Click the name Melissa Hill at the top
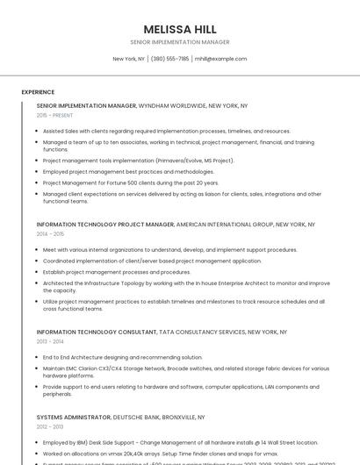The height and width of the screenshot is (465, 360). pyautogui.click(x=179, y=29)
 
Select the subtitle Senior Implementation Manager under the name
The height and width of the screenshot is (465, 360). pyautogui.click(x=179, y=42)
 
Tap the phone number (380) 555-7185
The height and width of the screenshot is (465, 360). pyautogui.click(x=169, y=59)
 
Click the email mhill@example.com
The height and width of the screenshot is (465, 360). pyautogui.click(x=220, y=59)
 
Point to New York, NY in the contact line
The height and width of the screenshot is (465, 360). pyautogui.click(x=129, y=59)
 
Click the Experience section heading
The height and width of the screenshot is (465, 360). pyautogui.click(x=38, y=91)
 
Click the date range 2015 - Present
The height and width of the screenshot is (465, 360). pyautogui.click(x=54, y=115)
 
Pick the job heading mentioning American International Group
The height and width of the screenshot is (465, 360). pyautogui.click(x=176, y=224)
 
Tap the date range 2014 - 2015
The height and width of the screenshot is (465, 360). pyautogui.click(x=50, y=233)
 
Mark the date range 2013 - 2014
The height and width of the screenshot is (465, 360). pyautogui.click(x=50, y=342)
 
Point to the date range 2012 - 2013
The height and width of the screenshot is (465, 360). pyautogui.click(x=50, y=427)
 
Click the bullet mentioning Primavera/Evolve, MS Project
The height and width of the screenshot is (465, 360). pyautogui.click(x=138, y=161)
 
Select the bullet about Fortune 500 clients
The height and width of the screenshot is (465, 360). pyautogui.click(x=131, y=182)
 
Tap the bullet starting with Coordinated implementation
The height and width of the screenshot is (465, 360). pyautogui.click(x=152, y=261)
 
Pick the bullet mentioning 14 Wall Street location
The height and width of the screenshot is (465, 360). pyautogui.click(x=168, y=442)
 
